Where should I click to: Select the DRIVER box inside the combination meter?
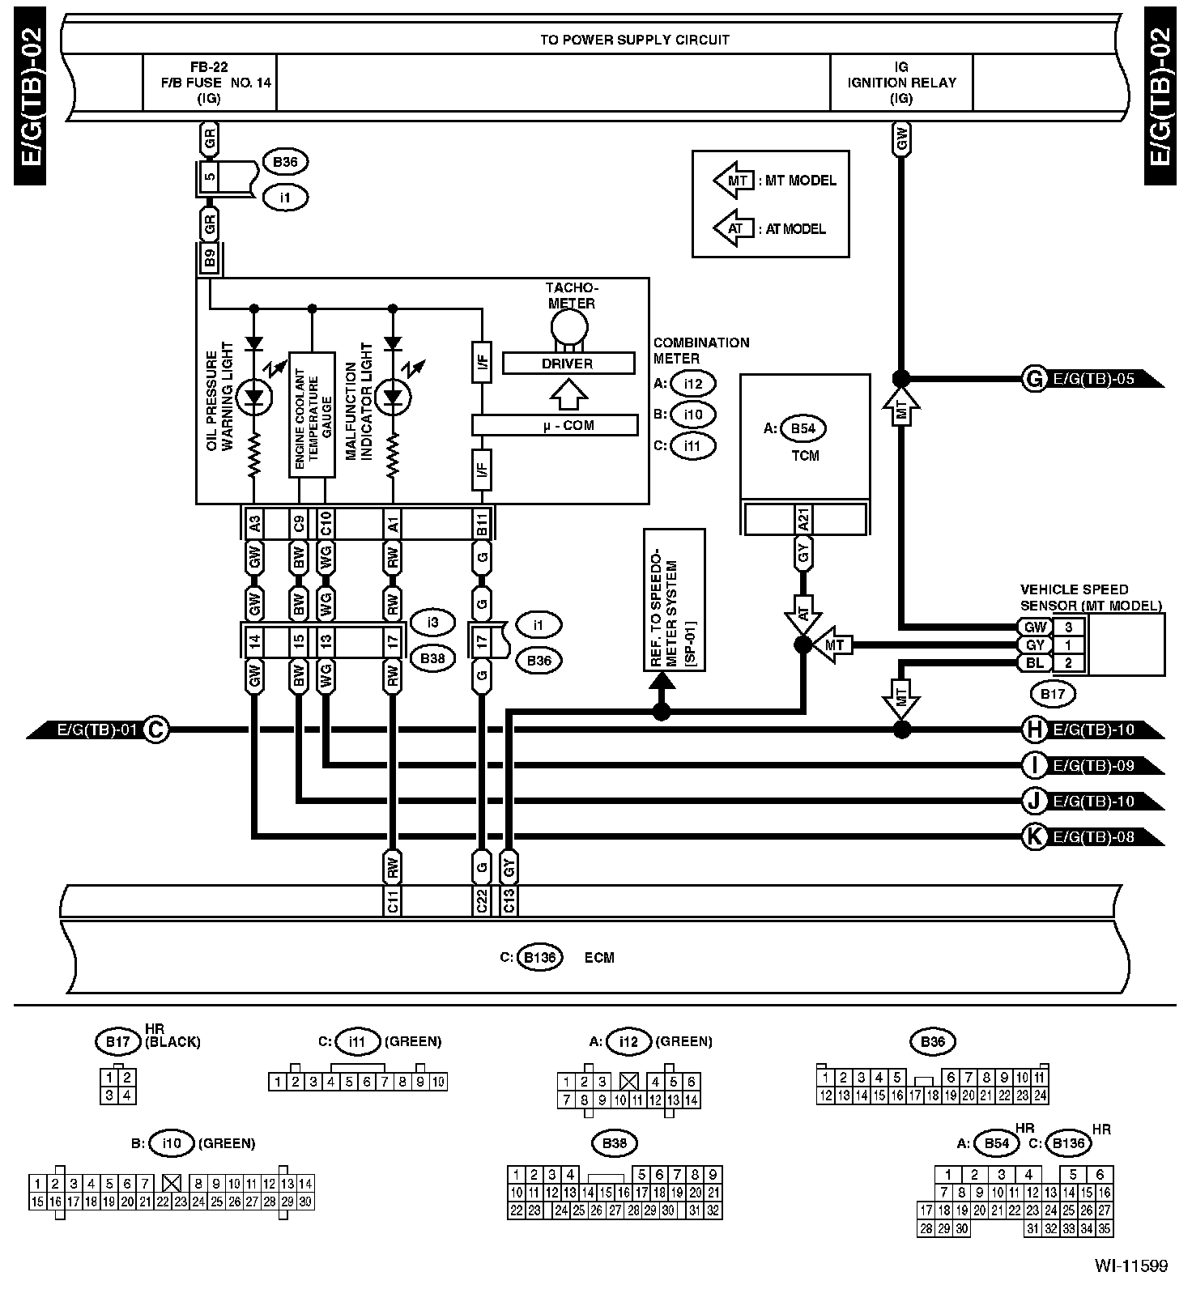click(x=568, y=364)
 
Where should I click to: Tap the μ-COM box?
click(x=556, y=426)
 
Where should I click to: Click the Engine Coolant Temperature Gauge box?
click(x=313, y=415)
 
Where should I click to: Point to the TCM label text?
click(x=804, y=456)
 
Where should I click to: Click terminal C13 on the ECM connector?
click(x=509, y=900)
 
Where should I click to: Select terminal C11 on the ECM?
click(x=393, y=900)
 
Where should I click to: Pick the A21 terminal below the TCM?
click(x=803, y=518)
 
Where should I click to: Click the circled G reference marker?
click(x=1034, y=379)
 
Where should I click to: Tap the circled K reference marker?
click(x=1034, y=836)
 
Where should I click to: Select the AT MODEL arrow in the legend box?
click(x=734, y=228)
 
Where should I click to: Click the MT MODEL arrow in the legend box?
click(x=734, y=180)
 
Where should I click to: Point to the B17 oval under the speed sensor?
click(x=1052, y=694)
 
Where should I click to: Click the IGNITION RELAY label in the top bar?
click(x=901, y=83)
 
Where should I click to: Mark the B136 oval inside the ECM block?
click(x=539, y=958)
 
